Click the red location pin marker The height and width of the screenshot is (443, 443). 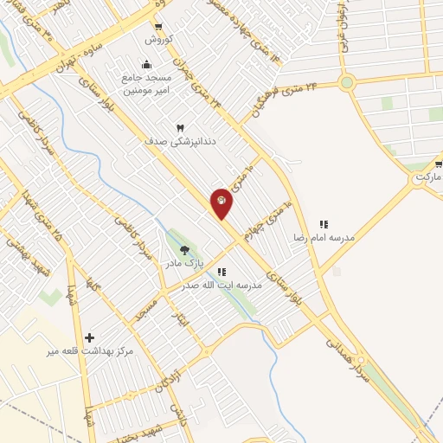[x=221, y=202]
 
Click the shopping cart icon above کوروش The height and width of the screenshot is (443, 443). [x=158, y=27]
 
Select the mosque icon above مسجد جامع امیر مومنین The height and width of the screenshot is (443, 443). [x=145, y=64]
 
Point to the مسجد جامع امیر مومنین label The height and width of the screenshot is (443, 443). [x=144, y=83]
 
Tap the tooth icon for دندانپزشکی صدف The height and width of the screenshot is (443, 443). [x=181, y=128]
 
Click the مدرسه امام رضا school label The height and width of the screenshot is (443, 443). [x=324, y=237]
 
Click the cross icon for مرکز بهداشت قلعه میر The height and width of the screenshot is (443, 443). [x=89, y=337]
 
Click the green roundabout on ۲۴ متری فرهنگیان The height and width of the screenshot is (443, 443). [x=347, y=83]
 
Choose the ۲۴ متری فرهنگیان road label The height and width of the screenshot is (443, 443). [x=287, y=97]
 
